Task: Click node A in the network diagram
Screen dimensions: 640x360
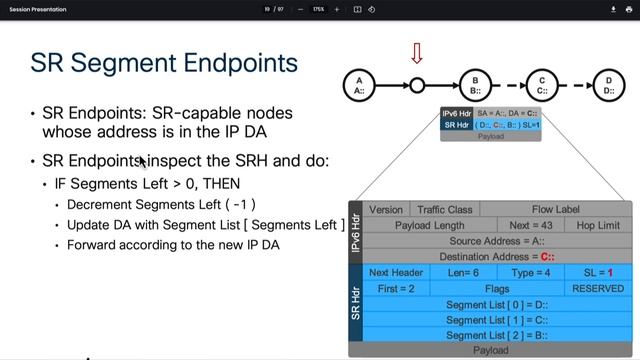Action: coord(358,86)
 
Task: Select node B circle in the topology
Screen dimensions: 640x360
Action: coord(476,86)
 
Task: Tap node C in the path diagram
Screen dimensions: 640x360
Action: coord(542,86)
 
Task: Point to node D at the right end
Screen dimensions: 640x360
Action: coord(609,86)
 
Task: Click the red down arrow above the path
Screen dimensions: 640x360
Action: coord(417,52)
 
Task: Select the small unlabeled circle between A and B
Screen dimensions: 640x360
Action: coord(417,86)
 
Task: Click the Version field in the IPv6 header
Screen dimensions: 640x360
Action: coord(386,210)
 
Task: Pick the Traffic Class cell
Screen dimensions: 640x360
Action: coord(445,210)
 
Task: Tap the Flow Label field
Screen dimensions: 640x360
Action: coord(555,210)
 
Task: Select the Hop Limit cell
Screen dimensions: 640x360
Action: coord(598,226)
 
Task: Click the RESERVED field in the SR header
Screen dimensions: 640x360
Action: coord(598,288)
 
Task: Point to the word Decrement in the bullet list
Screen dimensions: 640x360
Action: coord(101,205)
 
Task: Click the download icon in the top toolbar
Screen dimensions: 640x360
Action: coord(613,9)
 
